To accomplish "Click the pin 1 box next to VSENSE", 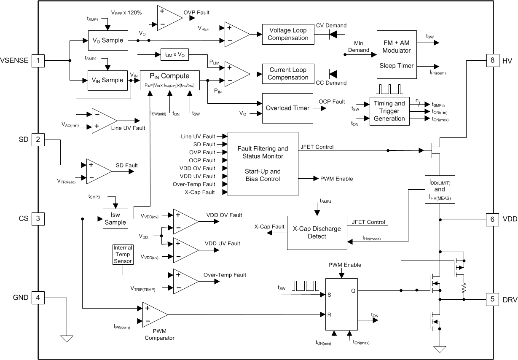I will pos(38,61).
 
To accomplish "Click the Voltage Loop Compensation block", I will pos(289,34).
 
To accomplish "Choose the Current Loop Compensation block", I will pos(289,74).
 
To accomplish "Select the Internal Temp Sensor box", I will pos(123,255).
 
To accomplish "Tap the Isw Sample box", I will pos(115,219).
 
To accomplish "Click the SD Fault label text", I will pos(126,165).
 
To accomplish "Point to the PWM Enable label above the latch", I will pos(344,265).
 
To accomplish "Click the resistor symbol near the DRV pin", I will pos(464,288).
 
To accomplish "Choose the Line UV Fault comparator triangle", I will pos(104,120).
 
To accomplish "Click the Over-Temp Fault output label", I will pos(225,274).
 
